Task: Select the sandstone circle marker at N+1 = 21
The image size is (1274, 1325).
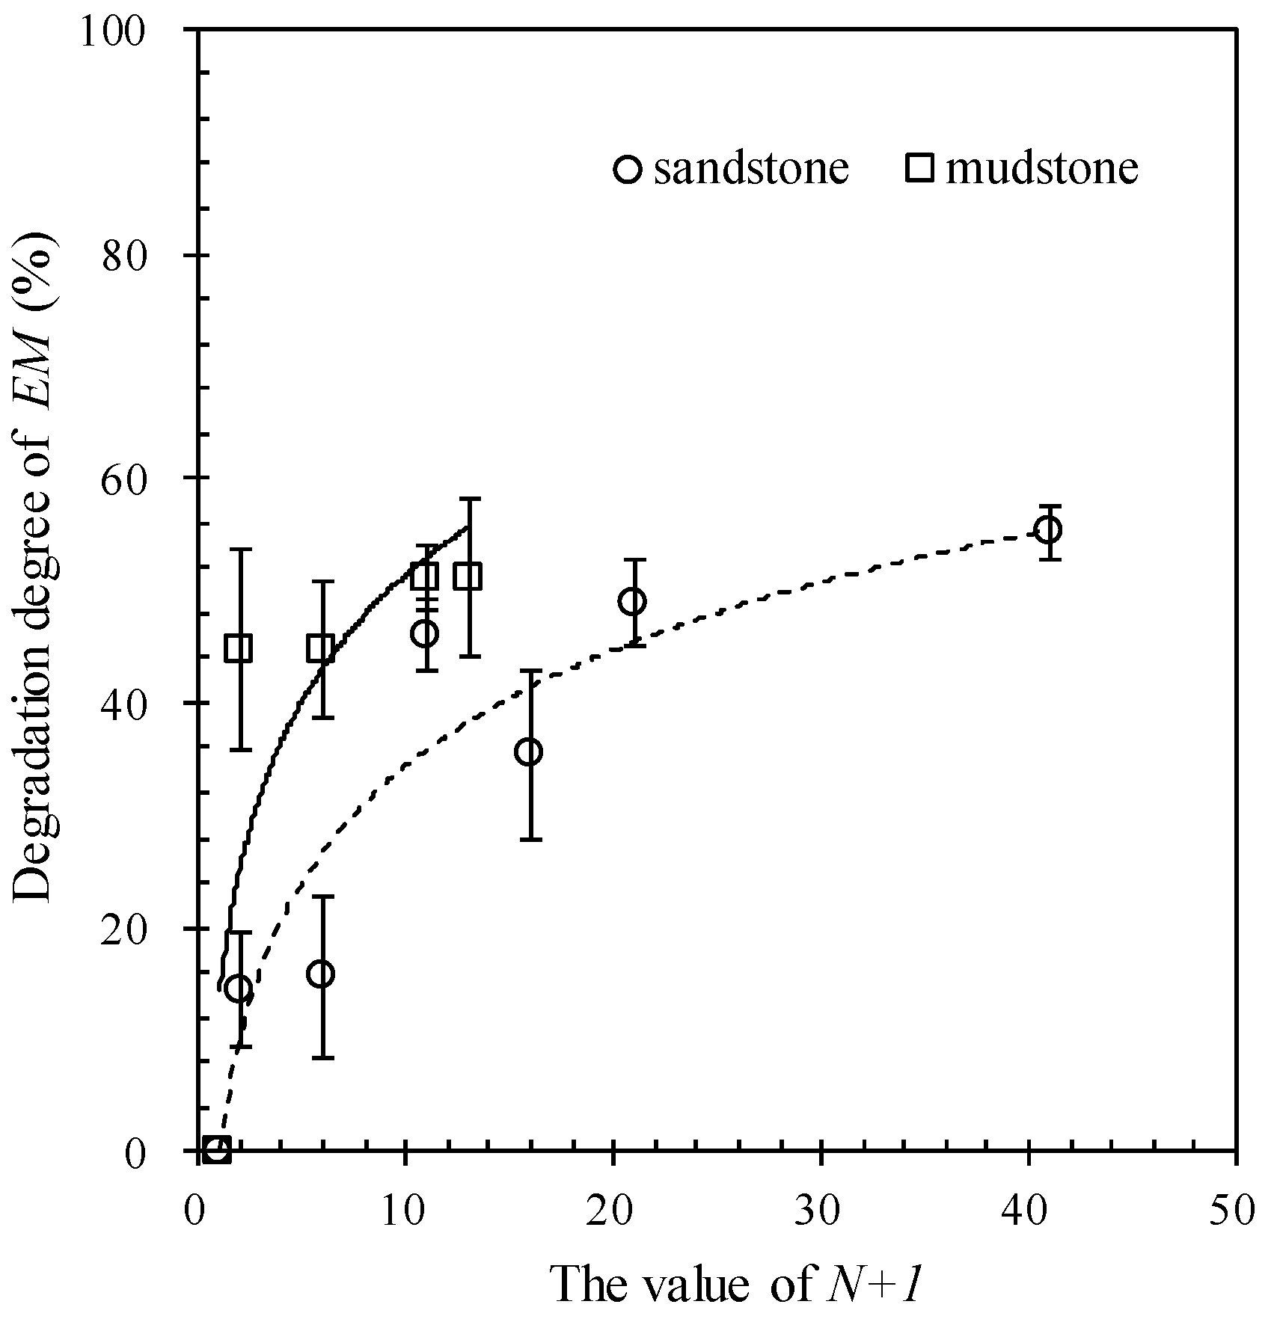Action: [633, 601]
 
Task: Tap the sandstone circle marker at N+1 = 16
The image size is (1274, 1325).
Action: [529, 752]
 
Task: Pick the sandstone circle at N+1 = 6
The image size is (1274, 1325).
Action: [321, 974]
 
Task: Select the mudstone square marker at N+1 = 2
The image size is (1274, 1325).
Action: [239, 648]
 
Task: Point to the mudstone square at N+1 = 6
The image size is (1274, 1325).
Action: [321, 648]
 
